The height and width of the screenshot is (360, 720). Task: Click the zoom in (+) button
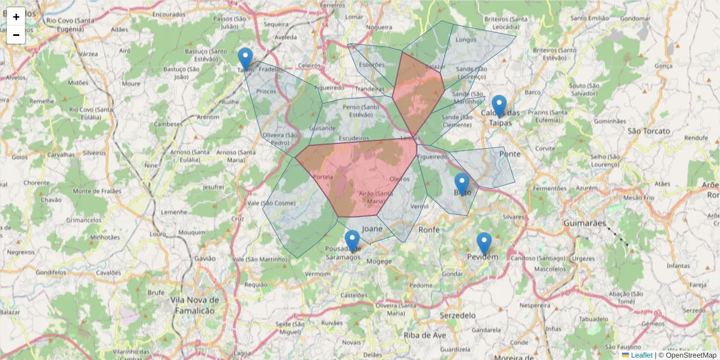click(x=16, y=17)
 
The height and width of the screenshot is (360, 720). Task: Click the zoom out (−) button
click(x=16, y=35)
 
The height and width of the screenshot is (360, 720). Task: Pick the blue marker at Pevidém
click(x=484, y=244)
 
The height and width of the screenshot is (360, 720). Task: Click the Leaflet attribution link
click(x=641, y=355)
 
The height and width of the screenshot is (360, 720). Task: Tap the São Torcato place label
click(x=649, y=130)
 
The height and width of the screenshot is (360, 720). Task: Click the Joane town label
click(x=372, y=229)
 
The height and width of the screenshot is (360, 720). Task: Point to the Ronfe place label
click(x=429, y=229)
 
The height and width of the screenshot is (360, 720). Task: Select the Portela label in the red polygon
click(x=323, y=177)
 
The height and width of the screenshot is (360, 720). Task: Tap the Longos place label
click(x=466, y=40)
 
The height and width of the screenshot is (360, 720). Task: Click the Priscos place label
click(x=266, y=91)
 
